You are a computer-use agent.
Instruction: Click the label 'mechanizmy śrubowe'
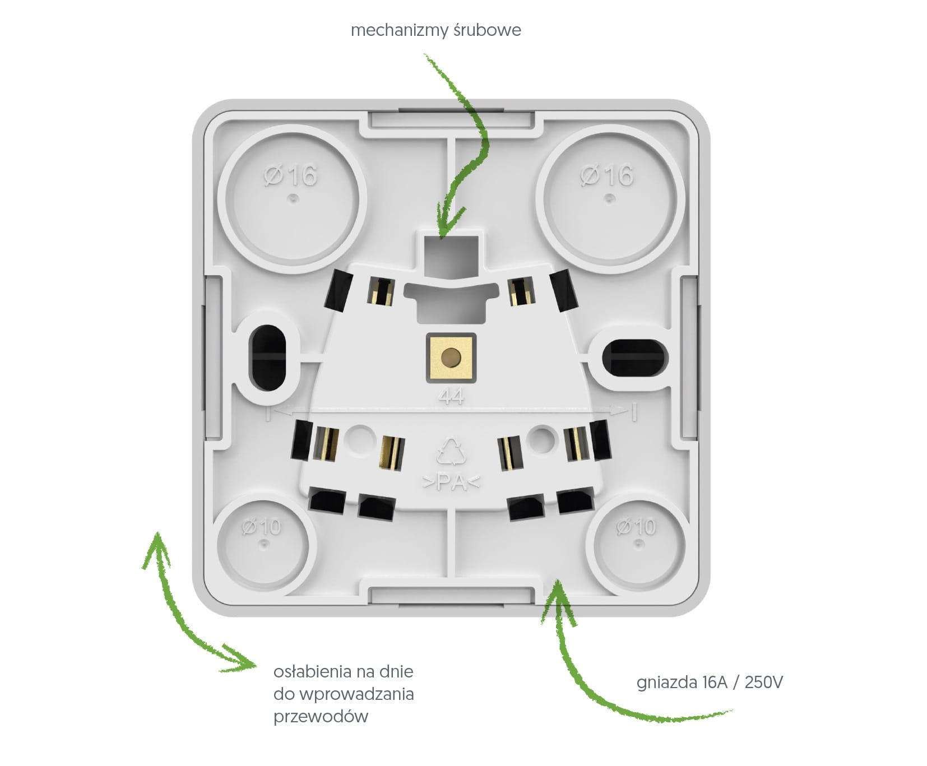435,30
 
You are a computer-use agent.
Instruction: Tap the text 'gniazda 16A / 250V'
710,682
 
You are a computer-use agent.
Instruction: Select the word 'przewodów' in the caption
321,717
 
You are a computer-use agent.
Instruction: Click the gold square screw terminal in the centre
451,358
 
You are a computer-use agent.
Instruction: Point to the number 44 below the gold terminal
451,397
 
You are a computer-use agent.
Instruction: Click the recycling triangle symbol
451,452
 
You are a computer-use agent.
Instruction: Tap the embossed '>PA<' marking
451,482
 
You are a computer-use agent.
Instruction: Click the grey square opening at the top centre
451,257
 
